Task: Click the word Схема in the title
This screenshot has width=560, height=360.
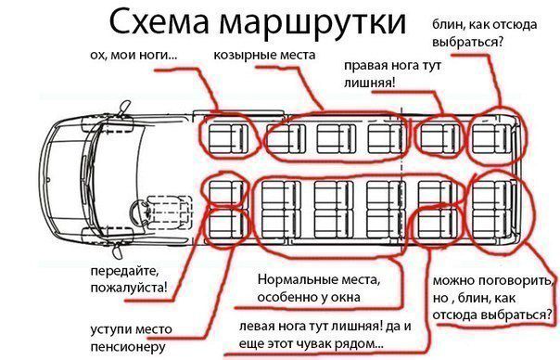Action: click(x=159, y=22)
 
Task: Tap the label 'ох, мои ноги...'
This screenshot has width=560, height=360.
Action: click(x=134, y=55)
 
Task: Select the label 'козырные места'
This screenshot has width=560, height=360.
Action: click(x=264, y=56)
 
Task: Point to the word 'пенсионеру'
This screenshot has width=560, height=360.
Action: click(x=128, y=346)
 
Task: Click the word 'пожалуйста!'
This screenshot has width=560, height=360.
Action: click(x=129, y=288)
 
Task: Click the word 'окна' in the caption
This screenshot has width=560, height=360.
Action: click(x=346, y=297)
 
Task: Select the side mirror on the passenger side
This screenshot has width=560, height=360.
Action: click(x=124, y=108)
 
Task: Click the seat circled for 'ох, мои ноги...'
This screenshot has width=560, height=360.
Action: click(x=228, y=138)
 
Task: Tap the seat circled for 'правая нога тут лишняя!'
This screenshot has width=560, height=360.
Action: click(x=439, y=137)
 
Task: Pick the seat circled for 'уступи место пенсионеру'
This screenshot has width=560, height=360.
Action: click(x=225, y=224)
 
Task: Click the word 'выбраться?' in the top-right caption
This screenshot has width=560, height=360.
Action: click(x=467, y=42)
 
